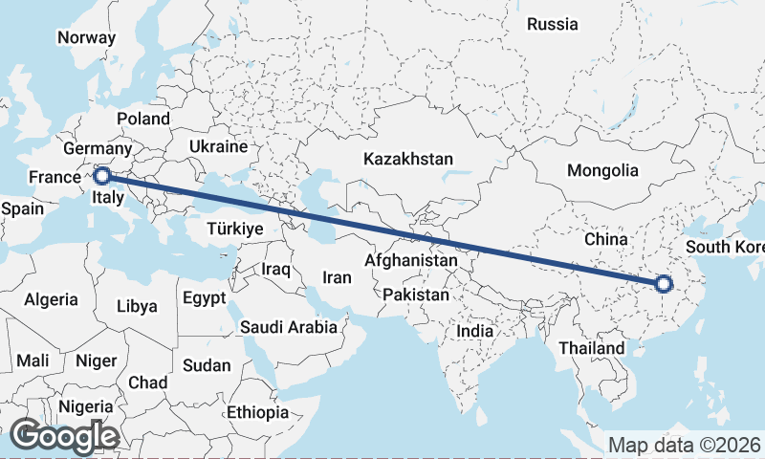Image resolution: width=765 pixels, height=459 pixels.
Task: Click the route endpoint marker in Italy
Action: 101,175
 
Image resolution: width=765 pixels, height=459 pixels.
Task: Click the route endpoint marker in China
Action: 663,283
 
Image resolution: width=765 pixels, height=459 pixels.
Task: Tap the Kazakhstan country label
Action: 407,159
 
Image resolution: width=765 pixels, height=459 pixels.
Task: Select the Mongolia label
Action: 602,170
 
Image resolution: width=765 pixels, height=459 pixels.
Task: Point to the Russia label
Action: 553,24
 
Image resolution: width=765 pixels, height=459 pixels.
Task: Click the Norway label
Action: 86,37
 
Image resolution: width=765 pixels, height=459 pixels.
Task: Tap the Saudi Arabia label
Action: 288,327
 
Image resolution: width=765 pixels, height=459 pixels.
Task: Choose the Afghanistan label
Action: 411,259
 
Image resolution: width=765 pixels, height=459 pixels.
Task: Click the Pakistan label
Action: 415,295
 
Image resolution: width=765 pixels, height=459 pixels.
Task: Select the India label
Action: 475,330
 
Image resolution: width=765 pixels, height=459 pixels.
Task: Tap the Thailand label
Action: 592,348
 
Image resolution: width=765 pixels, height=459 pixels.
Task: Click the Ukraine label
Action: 218,146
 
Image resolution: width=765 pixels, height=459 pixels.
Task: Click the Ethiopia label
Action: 257,412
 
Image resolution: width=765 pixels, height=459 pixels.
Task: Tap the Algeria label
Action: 52,299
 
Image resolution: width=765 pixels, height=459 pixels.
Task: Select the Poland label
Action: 142,119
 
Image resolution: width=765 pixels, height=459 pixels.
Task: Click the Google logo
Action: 64,436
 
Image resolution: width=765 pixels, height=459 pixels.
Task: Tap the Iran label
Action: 337,277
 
